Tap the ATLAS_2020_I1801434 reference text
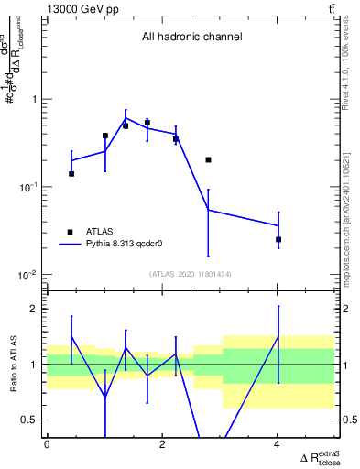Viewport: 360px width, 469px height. click(191, 274)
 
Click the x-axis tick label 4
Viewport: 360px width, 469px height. click(278, 444)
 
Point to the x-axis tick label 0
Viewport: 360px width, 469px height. click(47, 444)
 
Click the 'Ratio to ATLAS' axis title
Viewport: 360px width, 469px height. click(11, 365)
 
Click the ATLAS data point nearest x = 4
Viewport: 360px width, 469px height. click(278, 239)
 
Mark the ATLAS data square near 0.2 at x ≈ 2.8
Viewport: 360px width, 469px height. click(209, 159)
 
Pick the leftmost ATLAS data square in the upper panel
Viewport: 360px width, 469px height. click(71, 173)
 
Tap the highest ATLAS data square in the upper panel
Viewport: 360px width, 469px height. click(147, 122)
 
